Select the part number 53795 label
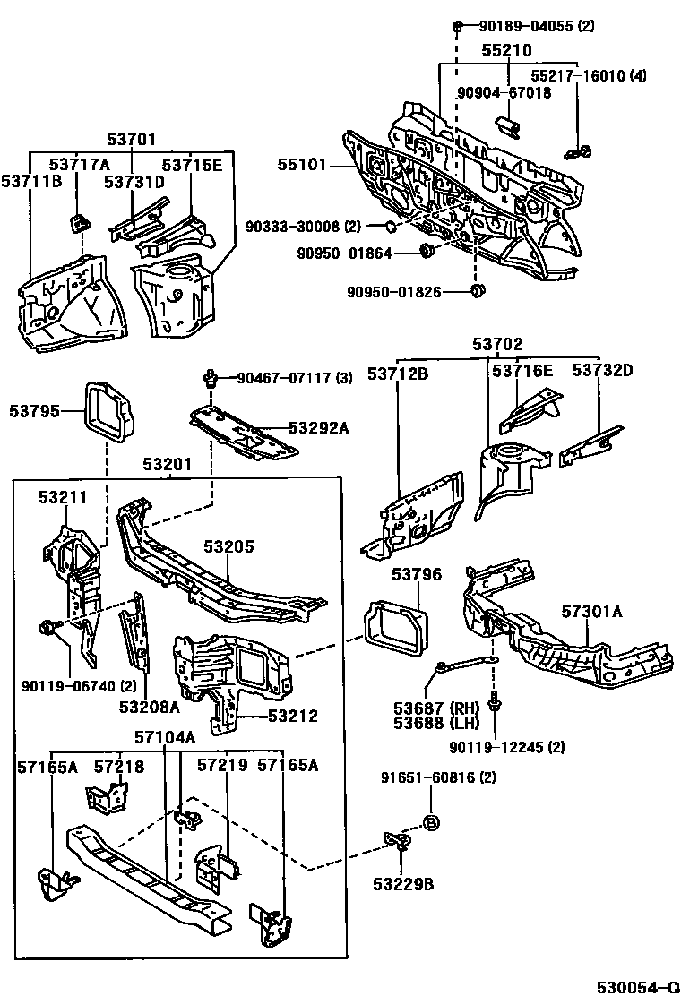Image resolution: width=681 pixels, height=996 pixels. [x=35, y=411]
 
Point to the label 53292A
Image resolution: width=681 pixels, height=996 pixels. [x=319, y=428]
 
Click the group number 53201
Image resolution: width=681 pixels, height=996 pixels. [x=167, y=465]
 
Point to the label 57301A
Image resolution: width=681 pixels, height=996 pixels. [x=592, y=612]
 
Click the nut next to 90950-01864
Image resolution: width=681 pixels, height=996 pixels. [x=427, y=253]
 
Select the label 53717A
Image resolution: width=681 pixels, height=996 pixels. [x=79, y=164]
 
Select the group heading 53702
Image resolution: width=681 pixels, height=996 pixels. [x=497, y=344]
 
